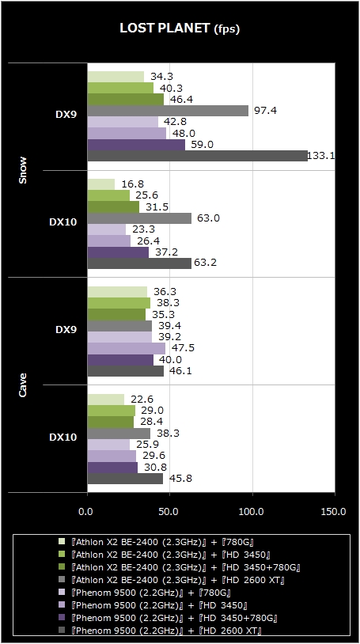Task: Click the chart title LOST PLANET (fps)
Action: pos(180,28)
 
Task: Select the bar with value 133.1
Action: pos(197,156)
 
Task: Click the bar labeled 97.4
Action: pos(168,111)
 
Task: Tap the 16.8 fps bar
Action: pos(101,184)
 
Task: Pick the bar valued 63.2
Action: pos(139,263)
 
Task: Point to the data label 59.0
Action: pos(198,145)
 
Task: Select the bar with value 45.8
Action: pos(125,479)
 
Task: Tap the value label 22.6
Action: pos(142,400)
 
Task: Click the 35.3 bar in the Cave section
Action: pos(117,314)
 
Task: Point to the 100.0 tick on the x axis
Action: pos(252,512)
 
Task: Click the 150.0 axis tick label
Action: pos(335,512)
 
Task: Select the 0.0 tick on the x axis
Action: pos(87,512)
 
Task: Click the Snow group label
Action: pos(23,170)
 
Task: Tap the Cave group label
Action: pos(23,385)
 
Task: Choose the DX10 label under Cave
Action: pos(63,438)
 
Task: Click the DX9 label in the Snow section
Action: pos(66,115)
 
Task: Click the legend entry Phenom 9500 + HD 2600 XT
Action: pos(166,630)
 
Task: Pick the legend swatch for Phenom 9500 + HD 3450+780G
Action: pos(62,617)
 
